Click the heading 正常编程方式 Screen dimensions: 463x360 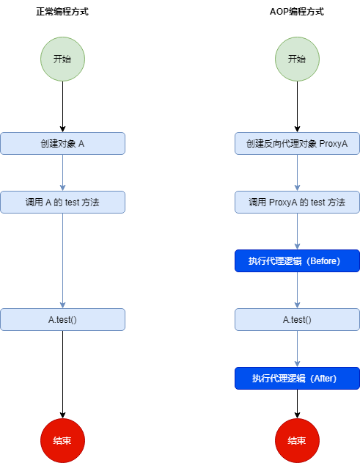click(62, 12)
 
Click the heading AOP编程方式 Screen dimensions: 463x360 click(297, 12)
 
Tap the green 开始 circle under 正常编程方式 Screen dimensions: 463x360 click(62, 59)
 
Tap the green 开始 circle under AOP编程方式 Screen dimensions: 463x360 click(297, 59)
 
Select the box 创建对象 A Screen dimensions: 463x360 click(62, 143)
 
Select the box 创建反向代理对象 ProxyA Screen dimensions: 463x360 click(297, 143)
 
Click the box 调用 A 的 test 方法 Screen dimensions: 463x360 click(62, 202)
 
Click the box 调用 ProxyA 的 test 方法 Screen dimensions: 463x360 click(297, 202)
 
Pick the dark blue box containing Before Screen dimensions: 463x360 click(297, 260)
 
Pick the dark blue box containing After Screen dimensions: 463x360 click(297, 378)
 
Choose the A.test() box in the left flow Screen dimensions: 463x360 click(62, 319)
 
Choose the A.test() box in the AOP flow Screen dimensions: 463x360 click(297, 319)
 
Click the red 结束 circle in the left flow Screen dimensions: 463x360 click(62, 440)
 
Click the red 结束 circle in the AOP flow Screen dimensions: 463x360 click(297, 440)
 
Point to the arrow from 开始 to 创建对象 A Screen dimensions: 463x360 click(62, 106)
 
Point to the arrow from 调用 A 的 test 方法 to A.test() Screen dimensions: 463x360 click(62, 260)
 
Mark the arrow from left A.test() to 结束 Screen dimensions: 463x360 click(62, 374)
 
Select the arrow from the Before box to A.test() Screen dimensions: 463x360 click(297, 290)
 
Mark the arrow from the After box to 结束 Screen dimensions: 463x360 click(297, 404)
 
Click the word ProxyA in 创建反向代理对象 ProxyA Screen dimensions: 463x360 click(334, 143)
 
